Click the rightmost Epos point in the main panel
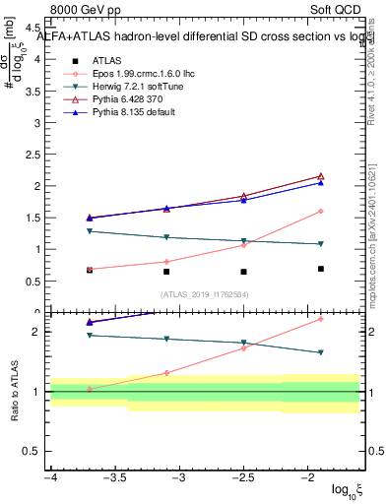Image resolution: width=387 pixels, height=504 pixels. tap(321, 212)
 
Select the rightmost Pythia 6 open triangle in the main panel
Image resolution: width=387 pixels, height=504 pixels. tap(321, 176)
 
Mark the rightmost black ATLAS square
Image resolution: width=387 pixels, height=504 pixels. tap(321, 269)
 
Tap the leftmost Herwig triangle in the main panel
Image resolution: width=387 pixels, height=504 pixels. tap(90, 231)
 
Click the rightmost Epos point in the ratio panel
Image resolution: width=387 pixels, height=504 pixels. tap(321, 319)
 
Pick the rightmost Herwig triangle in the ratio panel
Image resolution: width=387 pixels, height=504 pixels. tap(321, 352)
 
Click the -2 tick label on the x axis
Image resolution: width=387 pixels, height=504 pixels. tap(308, 478)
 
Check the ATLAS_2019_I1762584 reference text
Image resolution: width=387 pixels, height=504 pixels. tap(206, 294)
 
